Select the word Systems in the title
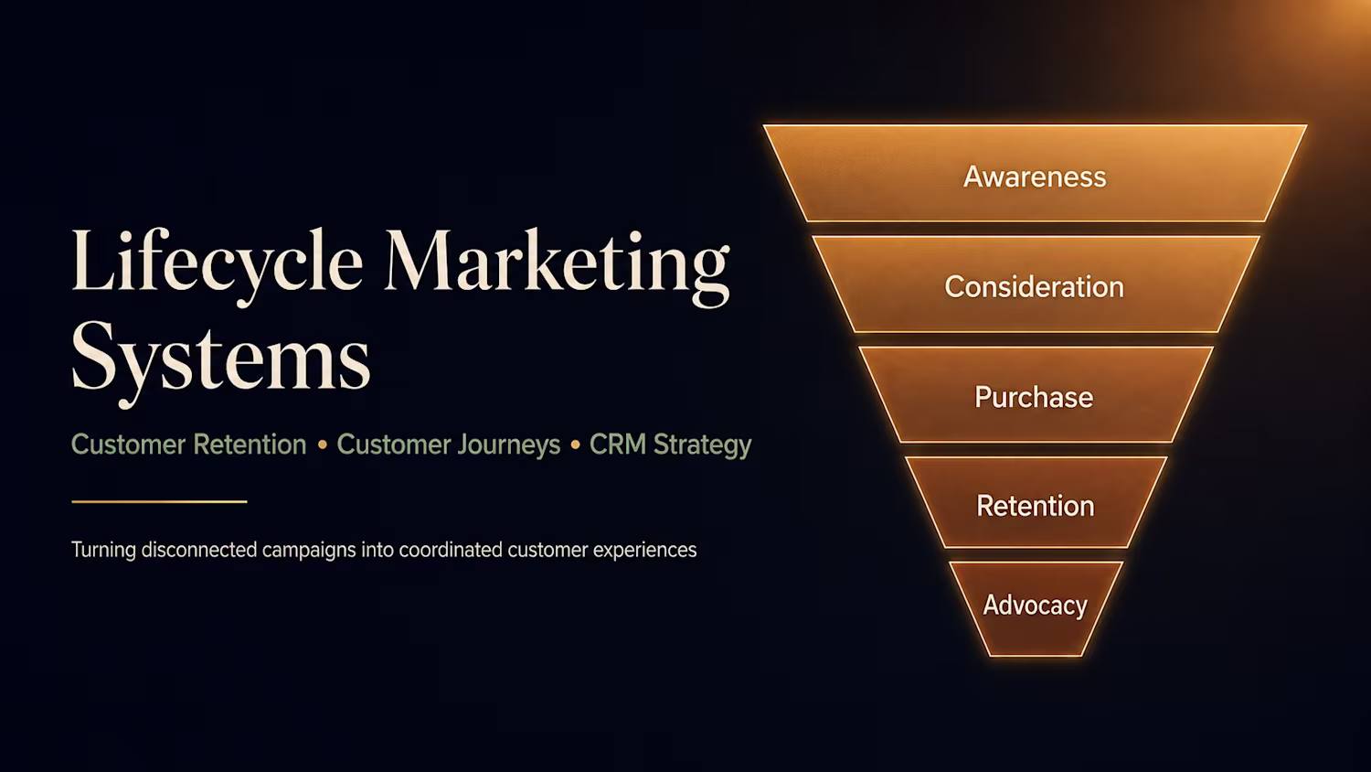221,360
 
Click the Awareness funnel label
1035,177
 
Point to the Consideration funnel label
1035,286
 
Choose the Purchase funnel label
1034,397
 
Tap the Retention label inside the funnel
1035,506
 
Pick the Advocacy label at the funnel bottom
1035,606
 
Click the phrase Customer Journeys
449,445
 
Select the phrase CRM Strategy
670,445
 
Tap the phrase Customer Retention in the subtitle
189,445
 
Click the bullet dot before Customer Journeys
323,445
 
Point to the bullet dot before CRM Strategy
575,445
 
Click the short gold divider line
159,502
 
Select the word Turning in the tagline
103,551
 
